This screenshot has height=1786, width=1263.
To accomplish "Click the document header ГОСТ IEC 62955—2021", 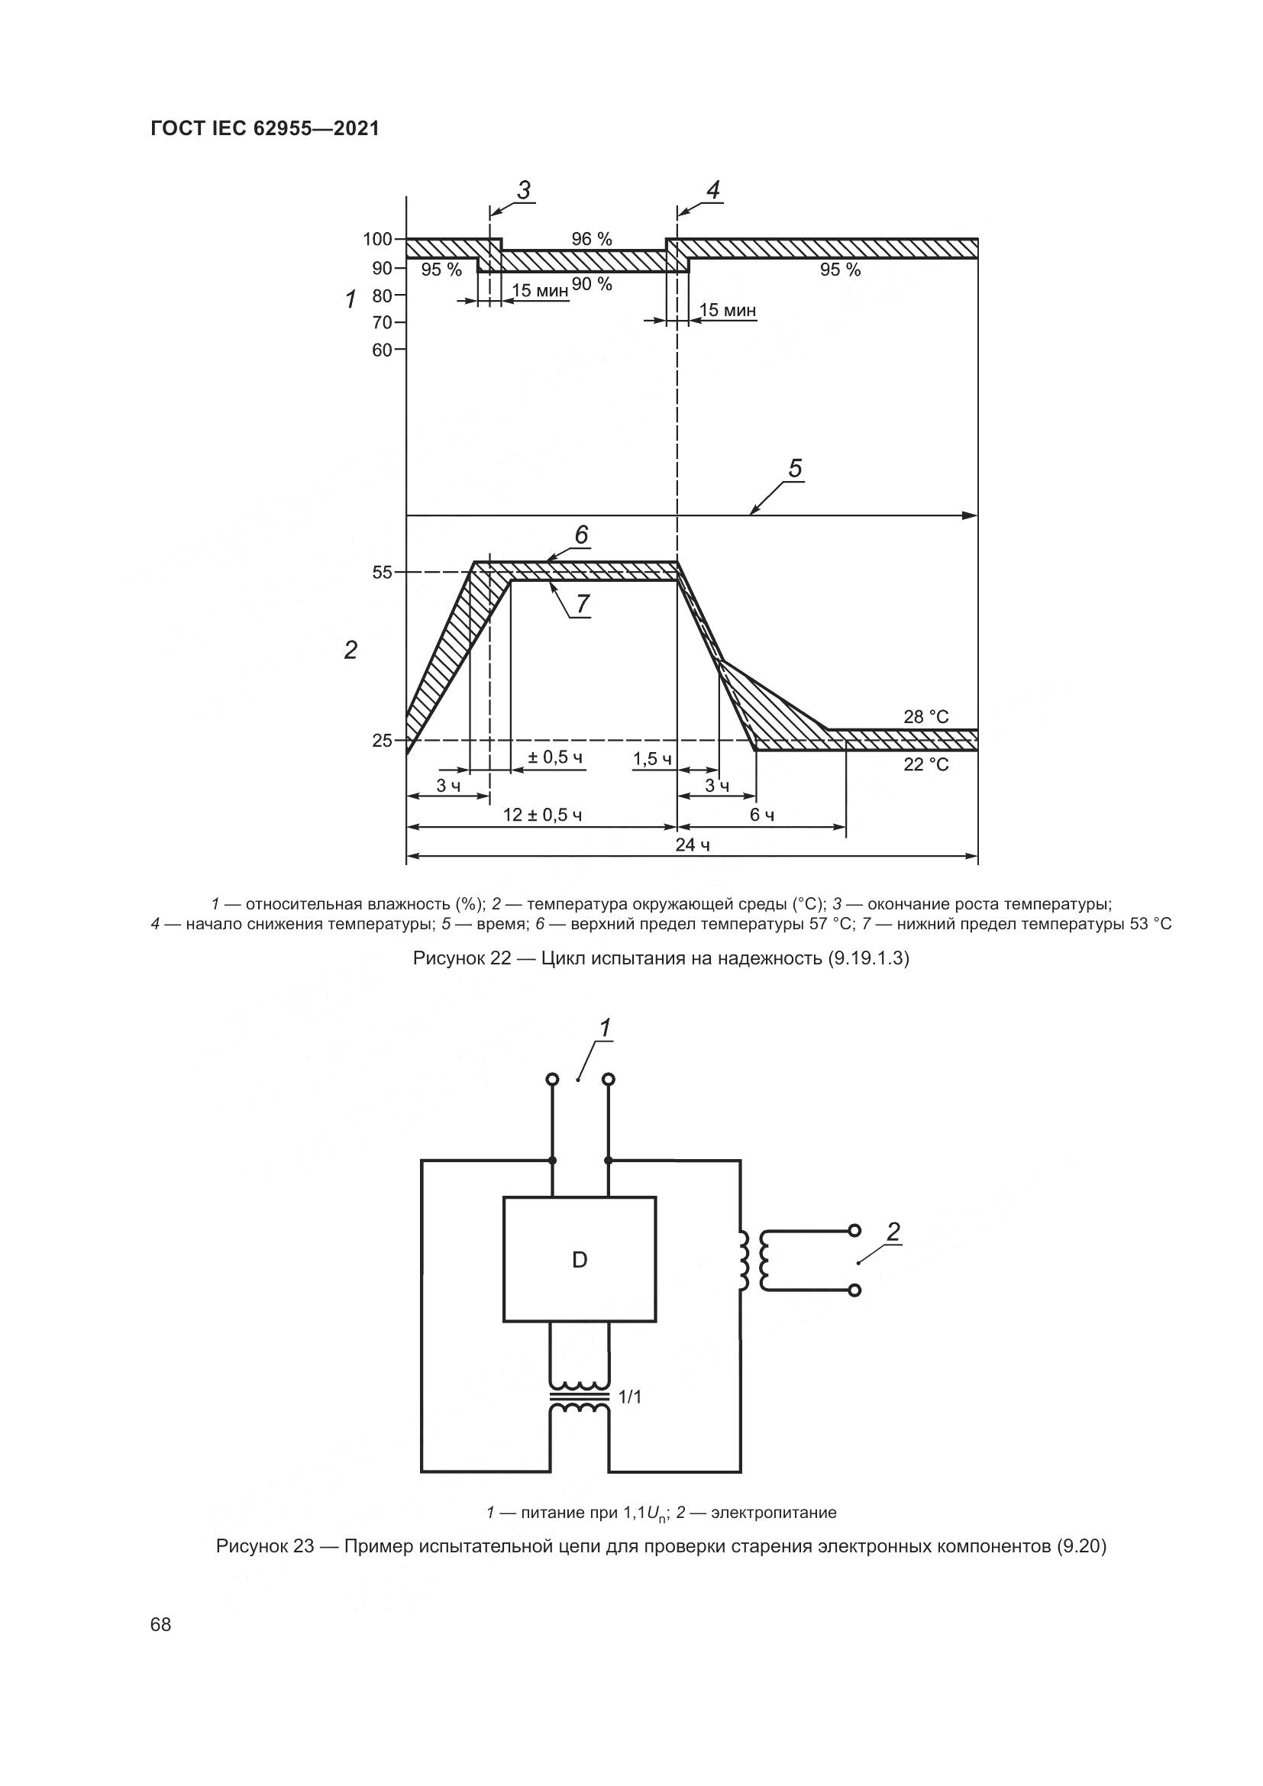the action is [x=265, y=129].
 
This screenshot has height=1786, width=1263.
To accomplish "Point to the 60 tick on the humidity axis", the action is [x=382, y=350].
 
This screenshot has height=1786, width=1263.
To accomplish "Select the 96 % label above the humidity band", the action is [x=592, y=239].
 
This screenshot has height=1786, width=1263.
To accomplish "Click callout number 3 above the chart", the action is [x=524, y=190].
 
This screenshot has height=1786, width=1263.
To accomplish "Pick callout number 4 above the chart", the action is [x=713, y=190].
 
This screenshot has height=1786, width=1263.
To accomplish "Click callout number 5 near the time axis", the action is [x=795, y=468].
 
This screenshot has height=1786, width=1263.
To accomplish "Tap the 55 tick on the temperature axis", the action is [x=382, y=573].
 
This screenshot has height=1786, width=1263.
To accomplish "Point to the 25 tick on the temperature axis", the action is [x=382, y=741].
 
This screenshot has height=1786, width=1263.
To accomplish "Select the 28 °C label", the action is [x=926, y=716].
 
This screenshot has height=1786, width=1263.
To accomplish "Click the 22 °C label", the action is [x=926, y=764].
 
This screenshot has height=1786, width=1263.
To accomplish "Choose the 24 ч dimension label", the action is [x=692, y=845].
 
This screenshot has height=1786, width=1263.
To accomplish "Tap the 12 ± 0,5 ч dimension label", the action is [x=542, y=815].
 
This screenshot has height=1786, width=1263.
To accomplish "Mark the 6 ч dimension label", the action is [x=761, y=815].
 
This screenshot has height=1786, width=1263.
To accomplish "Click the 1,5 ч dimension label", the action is [x=652, y=758].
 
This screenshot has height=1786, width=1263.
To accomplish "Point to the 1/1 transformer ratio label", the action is [x=630, y=1397].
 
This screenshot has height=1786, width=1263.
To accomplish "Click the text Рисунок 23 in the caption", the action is [x=264, y=1545].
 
